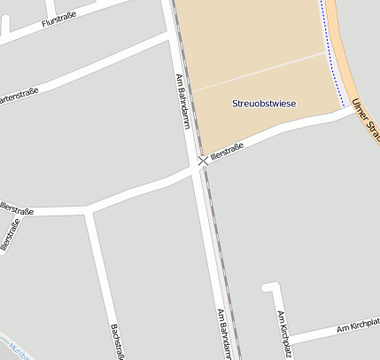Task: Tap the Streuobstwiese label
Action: (x=264, y=104)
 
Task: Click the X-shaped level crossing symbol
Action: (x=203, y=161)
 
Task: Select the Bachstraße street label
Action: (x=115, y=340)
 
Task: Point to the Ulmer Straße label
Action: (x=365, y=119)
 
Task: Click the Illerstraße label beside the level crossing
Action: (x=227, y=153)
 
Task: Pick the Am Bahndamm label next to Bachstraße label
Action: (x=224, y=333)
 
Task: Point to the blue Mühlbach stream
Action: (x=12, y=348)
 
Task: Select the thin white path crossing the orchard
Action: (x=257, y=70)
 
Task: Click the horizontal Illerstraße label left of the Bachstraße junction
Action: (x=18, y=211)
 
